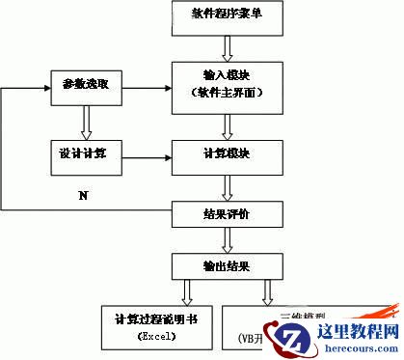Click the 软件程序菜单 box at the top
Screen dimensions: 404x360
coord(227,15)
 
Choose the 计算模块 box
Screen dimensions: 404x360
coord(228,153)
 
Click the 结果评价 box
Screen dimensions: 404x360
coord(228,211)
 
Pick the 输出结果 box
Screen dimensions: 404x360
coord(228,263)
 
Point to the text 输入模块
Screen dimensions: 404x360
coord(228,75)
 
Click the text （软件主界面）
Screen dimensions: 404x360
coord(228,94)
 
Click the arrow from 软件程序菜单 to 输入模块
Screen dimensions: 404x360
coord(228,46)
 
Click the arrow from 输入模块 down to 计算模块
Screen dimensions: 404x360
coord(228,124)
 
